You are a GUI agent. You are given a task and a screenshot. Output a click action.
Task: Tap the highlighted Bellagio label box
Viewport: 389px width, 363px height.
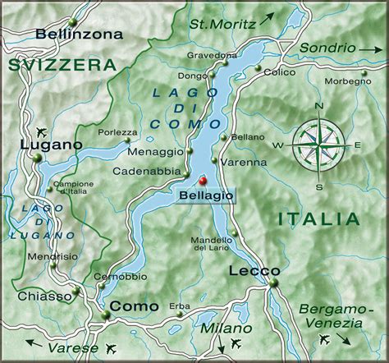pos(205,195)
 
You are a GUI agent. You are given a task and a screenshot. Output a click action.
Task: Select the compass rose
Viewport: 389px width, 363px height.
pos(318,145)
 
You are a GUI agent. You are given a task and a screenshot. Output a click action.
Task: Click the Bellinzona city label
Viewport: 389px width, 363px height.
pos(79,34)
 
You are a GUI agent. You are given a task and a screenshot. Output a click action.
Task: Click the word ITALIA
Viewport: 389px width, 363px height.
pos(318,218)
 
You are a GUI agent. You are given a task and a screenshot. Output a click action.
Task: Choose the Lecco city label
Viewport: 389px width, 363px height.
pos(254,270)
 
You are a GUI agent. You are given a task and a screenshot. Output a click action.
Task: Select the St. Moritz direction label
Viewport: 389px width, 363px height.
pos(223,22)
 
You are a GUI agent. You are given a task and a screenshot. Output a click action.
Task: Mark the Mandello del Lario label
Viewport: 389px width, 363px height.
pos(212,244)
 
